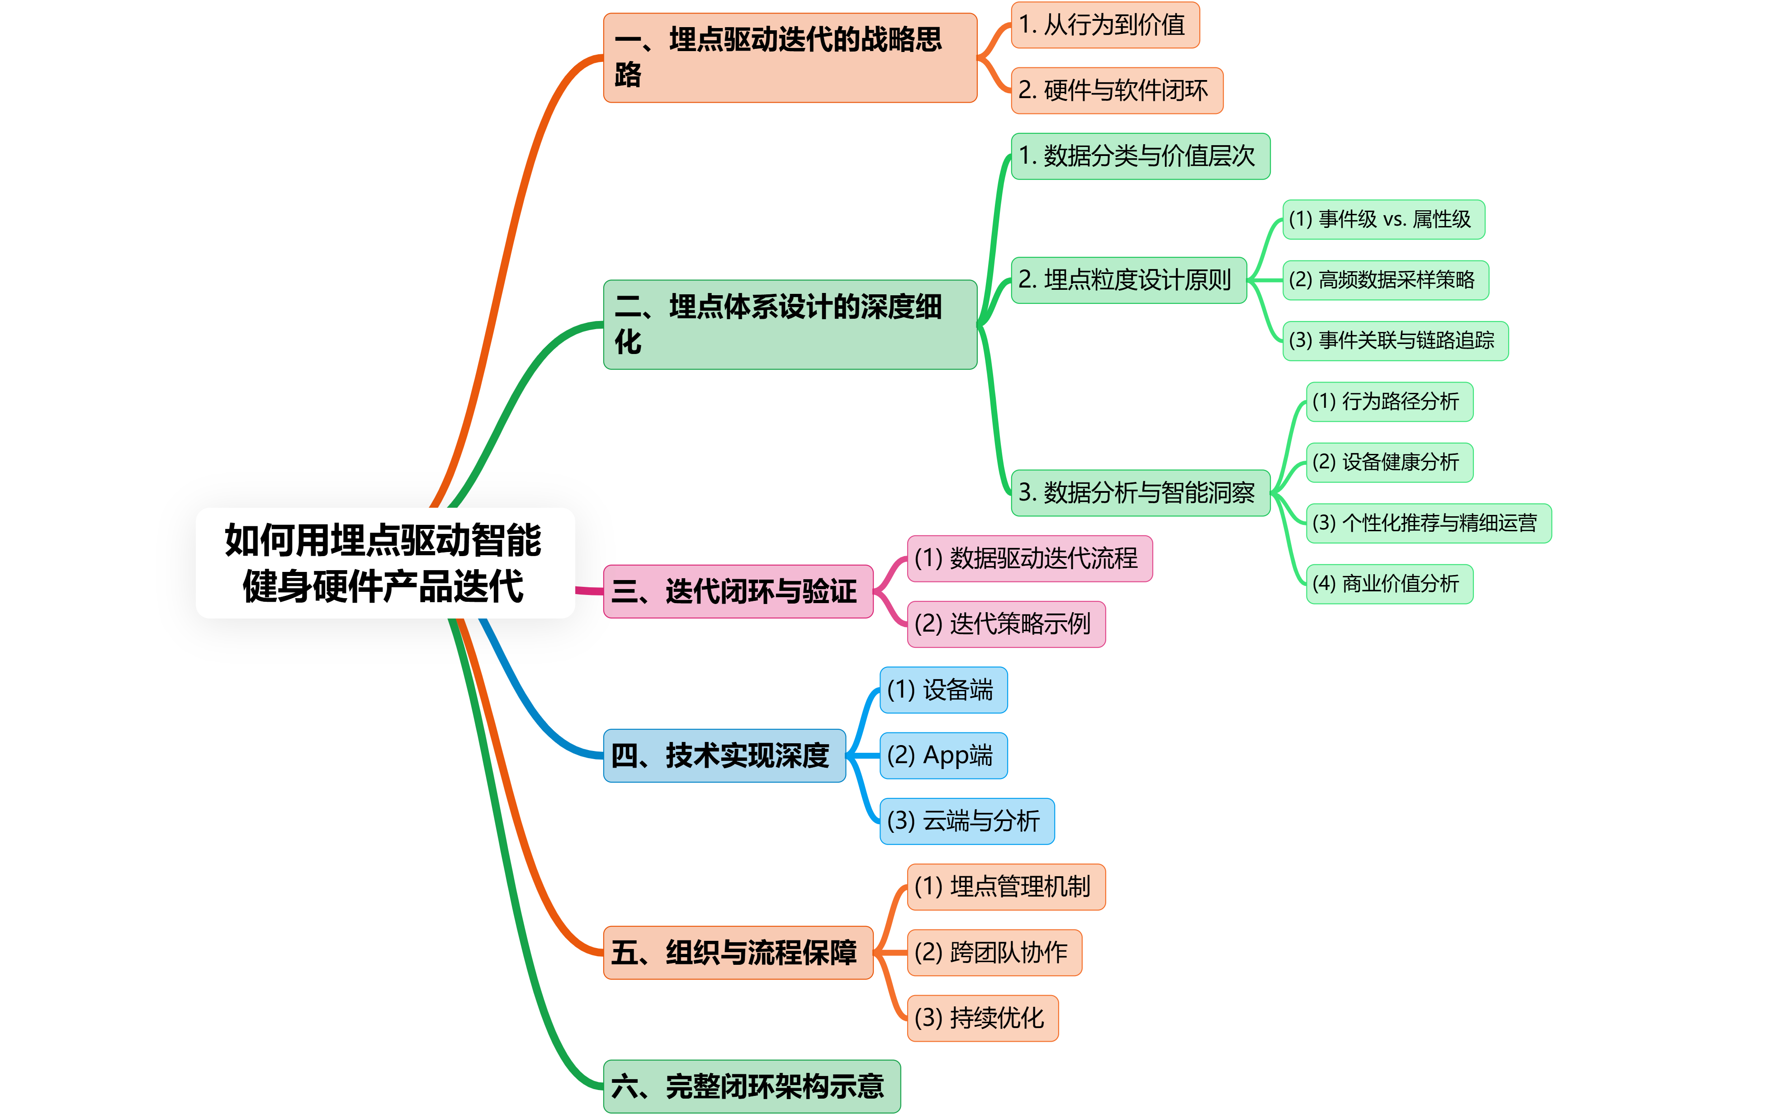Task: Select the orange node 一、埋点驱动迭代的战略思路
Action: [x=789, y=57]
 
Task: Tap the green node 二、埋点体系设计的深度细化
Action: [x=789, y=324]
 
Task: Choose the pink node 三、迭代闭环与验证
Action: [x=738, y=591]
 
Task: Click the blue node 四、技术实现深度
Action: [x=724, y=755]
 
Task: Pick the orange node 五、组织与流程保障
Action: [x=738, y=952]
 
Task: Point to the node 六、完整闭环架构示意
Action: [x=751, y=1086]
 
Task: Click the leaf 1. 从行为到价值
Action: [x=1104, y=25]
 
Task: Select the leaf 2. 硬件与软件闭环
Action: [x=1116, y=90]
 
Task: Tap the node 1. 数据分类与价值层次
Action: [x=1140, y=156]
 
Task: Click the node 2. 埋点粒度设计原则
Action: [x=1128, y=280]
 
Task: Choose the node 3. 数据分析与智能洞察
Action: [x=1140, y=492]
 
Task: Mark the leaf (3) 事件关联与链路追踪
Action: [x=1395, y=340]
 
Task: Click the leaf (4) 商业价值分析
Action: [x=1389, y=584]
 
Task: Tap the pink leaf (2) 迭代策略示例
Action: [x=1006, y=624]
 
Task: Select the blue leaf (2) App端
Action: [x=943, y=755]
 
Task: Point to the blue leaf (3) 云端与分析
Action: [x=966, y=821]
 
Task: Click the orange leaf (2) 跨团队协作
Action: [x=994, y=952]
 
